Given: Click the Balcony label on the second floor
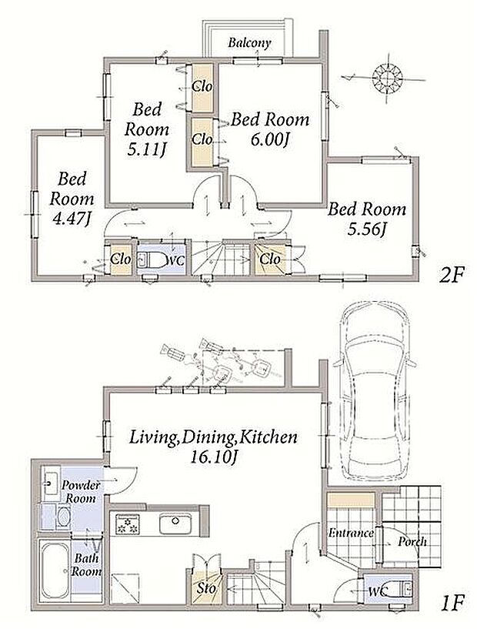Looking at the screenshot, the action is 249,43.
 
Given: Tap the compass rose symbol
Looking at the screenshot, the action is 387,79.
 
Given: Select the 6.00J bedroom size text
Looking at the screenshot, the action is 270,140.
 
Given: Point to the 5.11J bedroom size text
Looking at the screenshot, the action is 147,150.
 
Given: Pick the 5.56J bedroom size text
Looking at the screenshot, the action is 366,229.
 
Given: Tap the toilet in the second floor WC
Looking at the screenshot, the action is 151,259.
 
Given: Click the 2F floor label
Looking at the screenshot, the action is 451,275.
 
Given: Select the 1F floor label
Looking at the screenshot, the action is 452,603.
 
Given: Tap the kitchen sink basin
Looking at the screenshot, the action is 175,524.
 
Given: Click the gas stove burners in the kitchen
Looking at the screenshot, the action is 128,524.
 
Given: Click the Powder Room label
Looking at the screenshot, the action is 81,492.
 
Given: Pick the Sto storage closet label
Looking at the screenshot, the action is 206,588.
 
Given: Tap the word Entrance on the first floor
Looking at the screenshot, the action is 351,533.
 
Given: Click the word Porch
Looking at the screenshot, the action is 412,542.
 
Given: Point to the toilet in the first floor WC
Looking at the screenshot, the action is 399,590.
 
